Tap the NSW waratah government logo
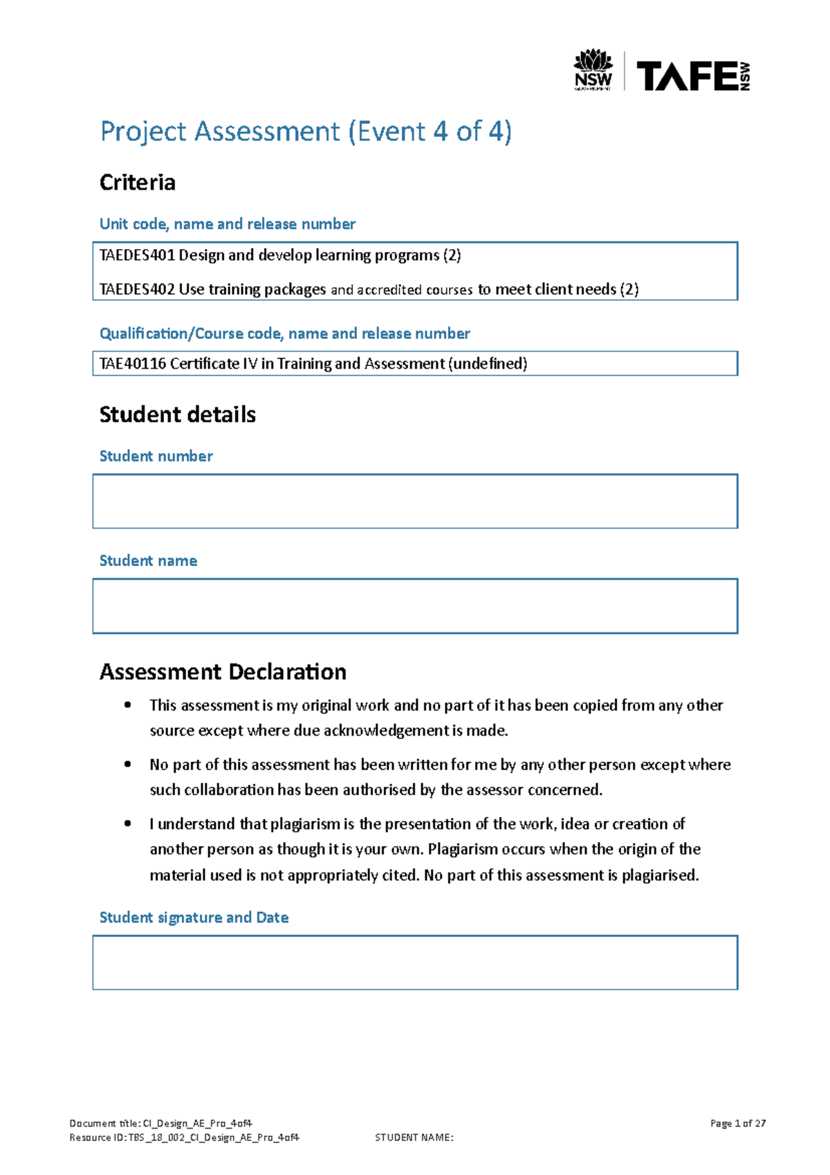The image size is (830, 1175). [x=593, y=69]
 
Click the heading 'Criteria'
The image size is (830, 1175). [x=137, y=183]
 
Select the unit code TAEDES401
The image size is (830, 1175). [x=137, y=255]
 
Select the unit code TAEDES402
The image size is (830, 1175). [x=137, y=289]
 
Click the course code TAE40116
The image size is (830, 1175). [x=132, y=364]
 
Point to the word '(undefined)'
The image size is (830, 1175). [x=488, y=364]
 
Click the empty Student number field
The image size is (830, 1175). [x=415, y=501]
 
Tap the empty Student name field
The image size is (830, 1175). [x=415, y=606]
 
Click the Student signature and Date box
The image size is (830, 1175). [x=415, y=963]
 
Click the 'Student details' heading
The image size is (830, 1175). [x=177, y=415]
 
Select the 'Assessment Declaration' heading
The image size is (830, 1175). [x=223, y=672]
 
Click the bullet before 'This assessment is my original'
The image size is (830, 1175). [x=127, y=705]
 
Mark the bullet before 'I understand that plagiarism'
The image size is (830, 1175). [x=127, y=823]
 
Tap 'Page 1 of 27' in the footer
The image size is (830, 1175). [x=737, y=1123]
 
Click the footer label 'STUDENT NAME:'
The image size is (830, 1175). [x=414, y=1138]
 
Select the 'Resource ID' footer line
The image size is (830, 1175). [x=184, y=1138]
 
